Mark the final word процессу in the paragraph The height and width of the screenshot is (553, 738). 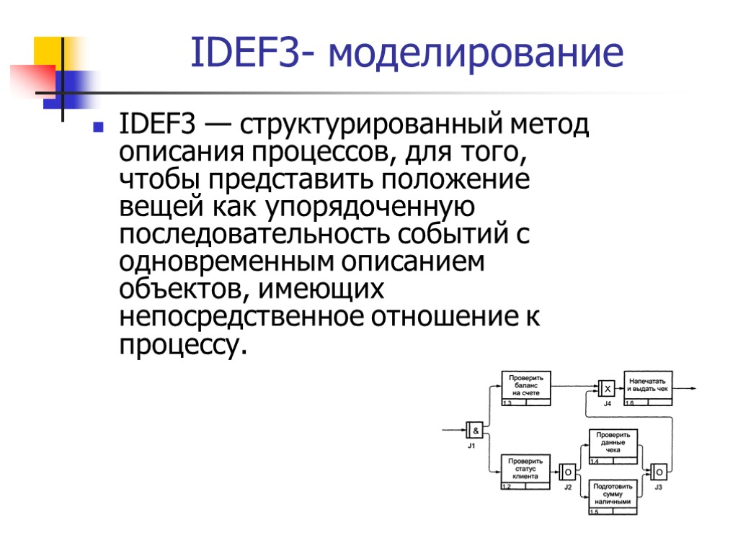[177, 346]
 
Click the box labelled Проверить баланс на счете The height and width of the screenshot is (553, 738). [526, 386]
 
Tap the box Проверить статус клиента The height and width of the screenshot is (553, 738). [526, 469]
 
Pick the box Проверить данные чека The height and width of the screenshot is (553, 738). [613, 444]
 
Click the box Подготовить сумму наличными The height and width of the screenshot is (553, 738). [613, 494]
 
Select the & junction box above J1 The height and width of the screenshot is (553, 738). [474, 430]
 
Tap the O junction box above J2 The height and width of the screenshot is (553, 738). [567, 472]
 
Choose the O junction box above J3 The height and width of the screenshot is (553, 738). [659, 472]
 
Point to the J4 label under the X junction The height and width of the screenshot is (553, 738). [607, 404]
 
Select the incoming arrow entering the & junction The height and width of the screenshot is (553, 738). [454, 430]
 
